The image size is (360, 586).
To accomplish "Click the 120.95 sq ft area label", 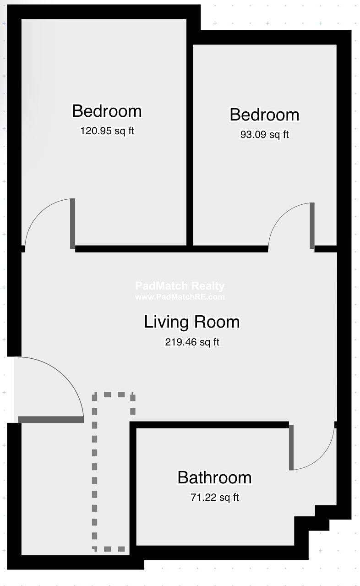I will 107,131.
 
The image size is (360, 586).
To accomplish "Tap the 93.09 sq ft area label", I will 264,135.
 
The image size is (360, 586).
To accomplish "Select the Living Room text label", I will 191,322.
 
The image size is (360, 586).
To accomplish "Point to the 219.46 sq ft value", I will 192,342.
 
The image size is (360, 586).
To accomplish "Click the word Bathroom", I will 214,477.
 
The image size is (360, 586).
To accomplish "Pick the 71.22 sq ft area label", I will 214,497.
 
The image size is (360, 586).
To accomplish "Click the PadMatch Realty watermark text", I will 180,286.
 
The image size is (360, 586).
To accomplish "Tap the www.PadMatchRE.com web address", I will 180,297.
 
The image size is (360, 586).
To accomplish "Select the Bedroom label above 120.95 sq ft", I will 107,111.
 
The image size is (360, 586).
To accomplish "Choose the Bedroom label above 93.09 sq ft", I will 264,115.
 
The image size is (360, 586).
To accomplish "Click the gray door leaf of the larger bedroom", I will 72,224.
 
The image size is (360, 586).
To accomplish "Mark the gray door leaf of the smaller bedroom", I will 312,225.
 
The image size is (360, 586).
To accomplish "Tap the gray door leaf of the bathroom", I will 291,447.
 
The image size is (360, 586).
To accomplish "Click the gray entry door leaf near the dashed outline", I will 50,419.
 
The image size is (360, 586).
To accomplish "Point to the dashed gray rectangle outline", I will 95,472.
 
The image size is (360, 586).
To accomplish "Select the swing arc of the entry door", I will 69,376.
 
